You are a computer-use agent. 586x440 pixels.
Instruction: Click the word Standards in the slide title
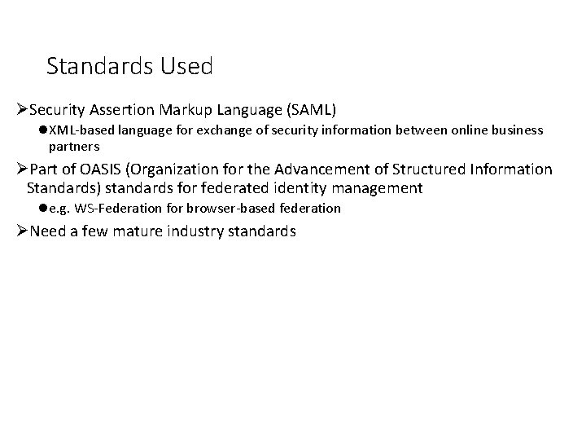[x=96, y=66]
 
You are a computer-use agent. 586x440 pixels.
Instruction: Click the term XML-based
[x=81, y=130]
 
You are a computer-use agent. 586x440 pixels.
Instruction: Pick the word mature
[x=127, y=232]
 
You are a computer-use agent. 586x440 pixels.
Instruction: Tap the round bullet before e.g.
[x=42, y=209]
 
